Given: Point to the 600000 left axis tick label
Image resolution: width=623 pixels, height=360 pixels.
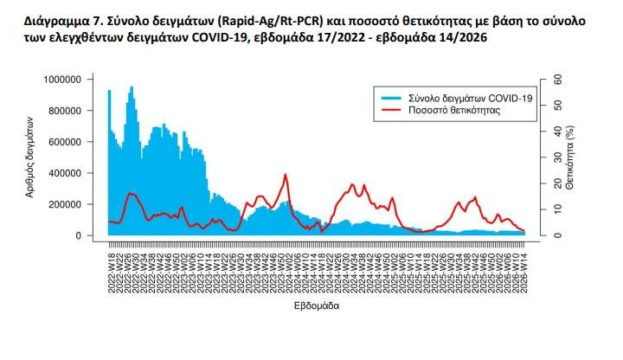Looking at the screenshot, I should (x=66, y=142).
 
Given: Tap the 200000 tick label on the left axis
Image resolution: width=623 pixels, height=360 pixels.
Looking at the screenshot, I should (x=66, y=204).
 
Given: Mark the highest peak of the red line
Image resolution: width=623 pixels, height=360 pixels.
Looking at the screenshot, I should (x=285, y=175).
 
